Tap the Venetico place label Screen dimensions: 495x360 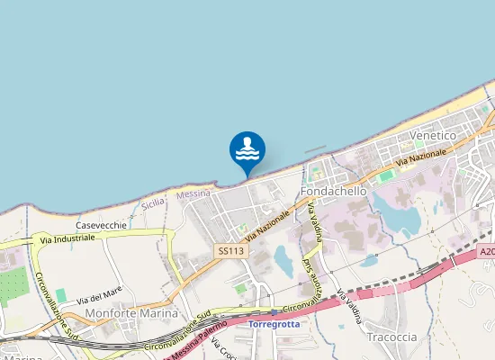[x=433, y=135]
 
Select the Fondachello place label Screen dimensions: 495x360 [x=334, y=192]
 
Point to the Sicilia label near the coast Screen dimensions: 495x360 [x=153, y=203]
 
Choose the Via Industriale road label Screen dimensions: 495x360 [x=67, y=239]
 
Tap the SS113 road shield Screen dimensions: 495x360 [x=230, y=251]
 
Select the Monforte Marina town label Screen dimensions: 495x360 [x=130, y=313]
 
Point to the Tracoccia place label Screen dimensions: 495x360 [x=391, y=337]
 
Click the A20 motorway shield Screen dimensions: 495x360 [x=487, y=253]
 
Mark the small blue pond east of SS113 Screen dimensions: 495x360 [x=283, y=260]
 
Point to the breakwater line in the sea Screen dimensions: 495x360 [x=315, y=148]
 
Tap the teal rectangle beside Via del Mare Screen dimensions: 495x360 [x=61, y=295]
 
